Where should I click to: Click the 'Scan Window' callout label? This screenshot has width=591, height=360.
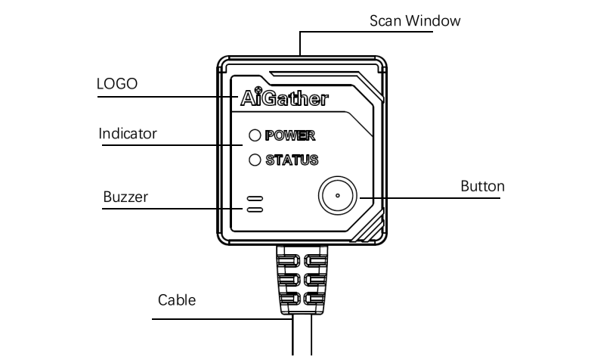(x=415, y=20)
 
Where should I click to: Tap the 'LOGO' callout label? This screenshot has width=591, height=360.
(x=117, y=84)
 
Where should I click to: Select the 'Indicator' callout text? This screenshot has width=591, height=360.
(x=128, y=134)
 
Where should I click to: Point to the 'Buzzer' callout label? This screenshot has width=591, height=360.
(x=125, y=197)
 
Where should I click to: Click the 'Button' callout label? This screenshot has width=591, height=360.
(x=482, y=186)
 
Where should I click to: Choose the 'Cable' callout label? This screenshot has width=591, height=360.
(x=177, y=300)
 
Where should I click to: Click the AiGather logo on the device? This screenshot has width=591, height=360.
(x=284, y=97)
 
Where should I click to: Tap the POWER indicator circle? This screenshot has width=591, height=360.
(x=255, y=135)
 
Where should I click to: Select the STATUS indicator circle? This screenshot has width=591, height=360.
(x=255, y=160)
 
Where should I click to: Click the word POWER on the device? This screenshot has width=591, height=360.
(x=290, y=135)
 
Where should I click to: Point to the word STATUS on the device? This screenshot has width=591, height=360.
(x=292, y=160)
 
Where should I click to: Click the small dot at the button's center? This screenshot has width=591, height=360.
(x=337, y=195)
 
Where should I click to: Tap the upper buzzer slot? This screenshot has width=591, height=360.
(x=255, y=198)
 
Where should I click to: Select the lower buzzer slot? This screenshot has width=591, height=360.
(x=255, y=209)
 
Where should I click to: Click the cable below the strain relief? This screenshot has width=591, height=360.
(x=302, y=335)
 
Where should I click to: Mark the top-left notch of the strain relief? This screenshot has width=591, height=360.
(x=289, y=261)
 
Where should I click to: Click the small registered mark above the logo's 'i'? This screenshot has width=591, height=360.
(x=258, y=90)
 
